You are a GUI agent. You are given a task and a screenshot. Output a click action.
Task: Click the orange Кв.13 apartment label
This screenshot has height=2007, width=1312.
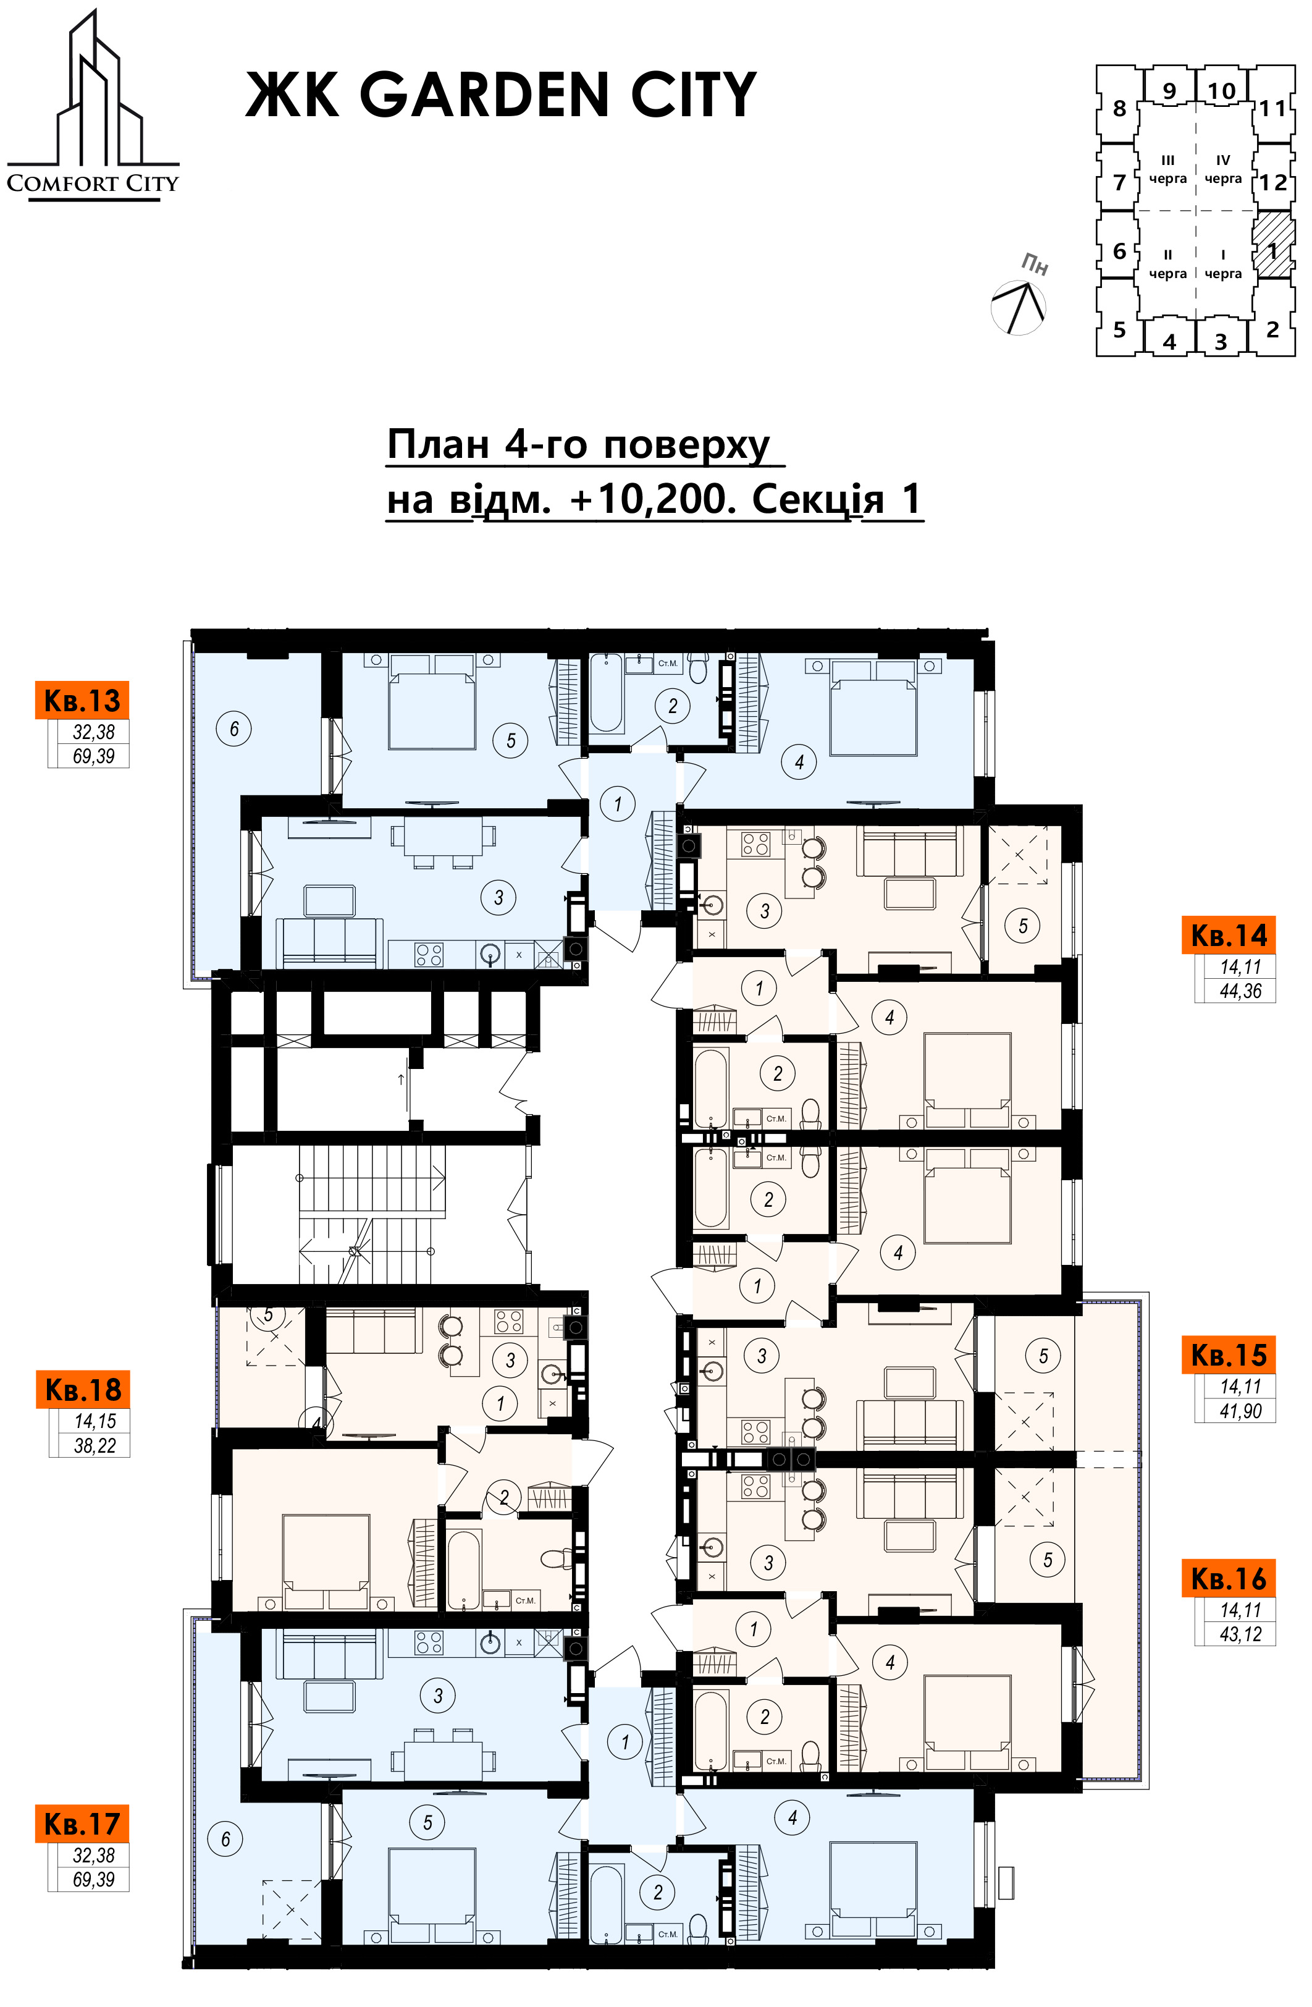point(82,700)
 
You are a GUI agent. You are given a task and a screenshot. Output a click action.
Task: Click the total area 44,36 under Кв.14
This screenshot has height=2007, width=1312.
point(1240,991)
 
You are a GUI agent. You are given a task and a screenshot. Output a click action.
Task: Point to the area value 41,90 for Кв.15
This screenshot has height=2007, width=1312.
point(1240,1411)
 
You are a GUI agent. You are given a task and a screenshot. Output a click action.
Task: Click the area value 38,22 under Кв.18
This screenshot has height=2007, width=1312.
point(95,1445)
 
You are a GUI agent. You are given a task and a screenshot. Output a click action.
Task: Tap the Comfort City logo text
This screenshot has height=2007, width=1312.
point(93,183)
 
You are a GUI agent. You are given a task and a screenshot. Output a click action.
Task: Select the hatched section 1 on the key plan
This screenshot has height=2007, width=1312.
point(1272,245)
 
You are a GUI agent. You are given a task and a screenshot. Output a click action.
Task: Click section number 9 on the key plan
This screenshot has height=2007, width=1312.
point(1169,90)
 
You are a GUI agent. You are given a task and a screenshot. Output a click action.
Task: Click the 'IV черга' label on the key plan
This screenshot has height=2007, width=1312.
point(1222,169)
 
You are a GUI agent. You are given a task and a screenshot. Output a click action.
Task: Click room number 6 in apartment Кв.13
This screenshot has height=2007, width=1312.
point(234,728)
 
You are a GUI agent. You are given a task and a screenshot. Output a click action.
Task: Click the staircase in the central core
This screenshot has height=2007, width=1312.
point(371,1214)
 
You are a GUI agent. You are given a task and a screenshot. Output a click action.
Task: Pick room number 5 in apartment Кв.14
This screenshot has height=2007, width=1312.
point(1023,926)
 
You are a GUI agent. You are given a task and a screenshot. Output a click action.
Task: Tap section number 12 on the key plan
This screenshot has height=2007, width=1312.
point(1273,182)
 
